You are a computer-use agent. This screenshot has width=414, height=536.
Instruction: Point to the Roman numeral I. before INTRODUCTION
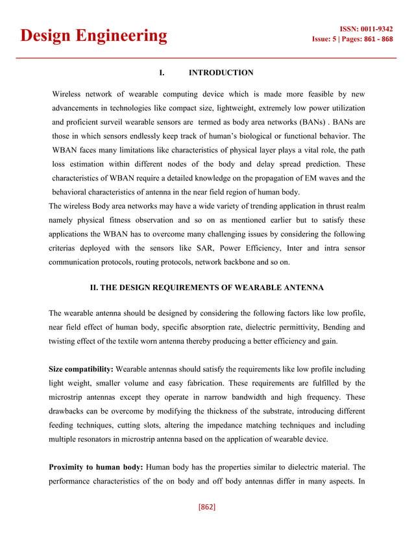(162, 73)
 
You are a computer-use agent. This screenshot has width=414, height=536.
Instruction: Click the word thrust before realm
(330, 207)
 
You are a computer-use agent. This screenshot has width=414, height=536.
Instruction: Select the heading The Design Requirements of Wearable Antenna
(206, 287)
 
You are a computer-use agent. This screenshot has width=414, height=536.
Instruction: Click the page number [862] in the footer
(206, 506)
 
